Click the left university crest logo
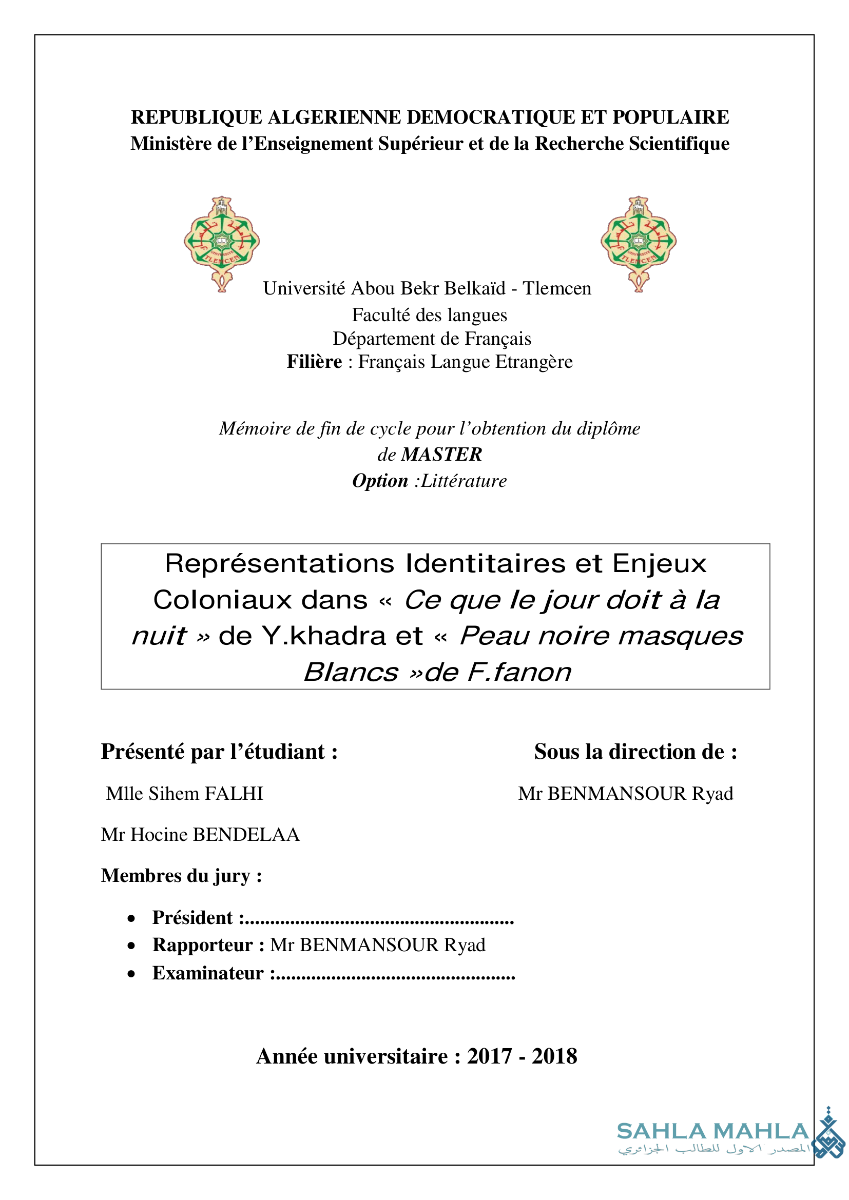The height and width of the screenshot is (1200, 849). pyautogui.click(x=222, y=244)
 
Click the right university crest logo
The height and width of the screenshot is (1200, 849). pyautogui.click(x=638, y=244)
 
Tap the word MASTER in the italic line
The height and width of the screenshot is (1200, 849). pyautogui.click(x=441, y=455)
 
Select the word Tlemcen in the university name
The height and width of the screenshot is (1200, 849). pyautogui.click(x=557, y=288)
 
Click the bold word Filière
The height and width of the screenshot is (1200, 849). pyautogui.click(x=314, y=362)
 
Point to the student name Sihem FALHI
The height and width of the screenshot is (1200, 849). pyautogui.click(x=206, y=794)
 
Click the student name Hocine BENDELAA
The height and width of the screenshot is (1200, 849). pyautogui.click(x=215, y=835)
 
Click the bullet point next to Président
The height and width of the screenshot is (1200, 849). pyautogui.click(x=132, y=918)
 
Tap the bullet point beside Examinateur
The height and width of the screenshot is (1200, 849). pyautogui.click(x=132, y=974)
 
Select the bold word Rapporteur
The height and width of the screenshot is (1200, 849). pyautogui.click(x=203, y=945)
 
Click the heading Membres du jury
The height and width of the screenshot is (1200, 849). pyautogui.click(x=181, y=876)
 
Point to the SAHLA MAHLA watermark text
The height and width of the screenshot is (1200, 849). pyautogui.click(x=713, y=1132)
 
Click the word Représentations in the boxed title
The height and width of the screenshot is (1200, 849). pyautogui.click(x=280, y=564)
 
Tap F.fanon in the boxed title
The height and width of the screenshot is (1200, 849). pyautogui.click(x=519, y=673)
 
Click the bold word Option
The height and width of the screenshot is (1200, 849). pyautogui.click(x=380, y=481)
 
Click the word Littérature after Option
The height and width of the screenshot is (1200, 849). pyautogui.click(x=464, y=481)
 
